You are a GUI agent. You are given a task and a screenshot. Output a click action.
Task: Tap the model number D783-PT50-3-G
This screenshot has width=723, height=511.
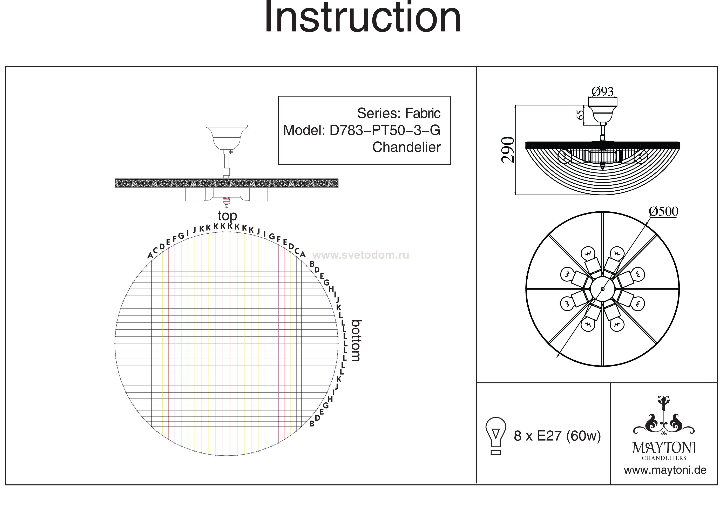385,130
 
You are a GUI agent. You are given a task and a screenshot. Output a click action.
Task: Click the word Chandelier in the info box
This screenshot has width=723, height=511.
406,147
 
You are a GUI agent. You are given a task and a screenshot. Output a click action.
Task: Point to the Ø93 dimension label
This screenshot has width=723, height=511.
602,92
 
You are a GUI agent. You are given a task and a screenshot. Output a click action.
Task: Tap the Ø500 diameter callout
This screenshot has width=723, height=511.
663,212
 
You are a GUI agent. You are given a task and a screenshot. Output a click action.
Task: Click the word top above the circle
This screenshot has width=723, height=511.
227,216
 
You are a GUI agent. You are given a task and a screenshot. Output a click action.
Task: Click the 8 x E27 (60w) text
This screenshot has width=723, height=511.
557,436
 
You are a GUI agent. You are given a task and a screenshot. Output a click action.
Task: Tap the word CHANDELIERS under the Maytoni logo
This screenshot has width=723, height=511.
664,458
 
